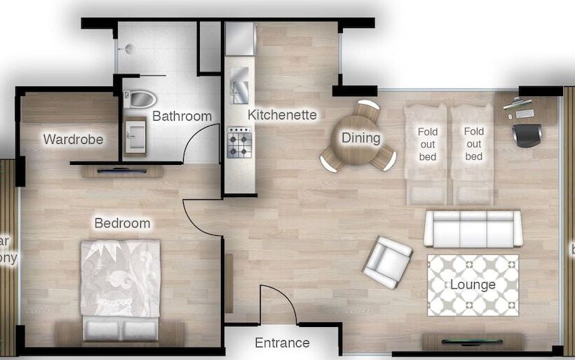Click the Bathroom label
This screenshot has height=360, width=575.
[x=182, y=116]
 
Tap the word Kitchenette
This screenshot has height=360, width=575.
[x=282, y=114]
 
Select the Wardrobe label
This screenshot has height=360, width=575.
[x=73, y=139]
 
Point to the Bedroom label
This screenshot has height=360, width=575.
[x=122, y=223]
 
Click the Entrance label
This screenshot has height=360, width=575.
[x=282, y=342]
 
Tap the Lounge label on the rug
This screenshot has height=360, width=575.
[x=473, y=284]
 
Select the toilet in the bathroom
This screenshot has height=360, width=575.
[x=140, y=99]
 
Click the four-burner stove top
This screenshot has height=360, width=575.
[x=239, y=142]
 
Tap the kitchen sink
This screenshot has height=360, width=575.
[x=239, y=84]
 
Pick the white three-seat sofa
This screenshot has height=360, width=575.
[x=473, y=228]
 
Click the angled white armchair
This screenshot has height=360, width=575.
[x=387, y=262]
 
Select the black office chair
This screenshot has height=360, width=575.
[x=527, y=134]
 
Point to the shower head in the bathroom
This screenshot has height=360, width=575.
[x=128, y=48]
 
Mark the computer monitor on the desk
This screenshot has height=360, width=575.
[x=516, y=104]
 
